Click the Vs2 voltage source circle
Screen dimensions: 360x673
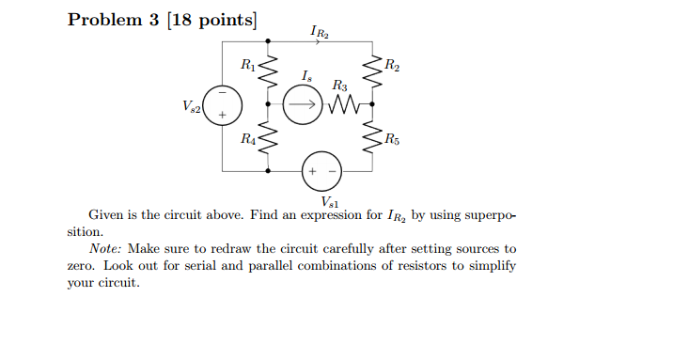[223, 106]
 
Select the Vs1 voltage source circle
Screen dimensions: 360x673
[322, 172]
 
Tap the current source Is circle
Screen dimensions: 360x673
[301, 106]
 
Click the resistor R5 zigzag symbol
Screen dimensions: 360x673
[374, 140]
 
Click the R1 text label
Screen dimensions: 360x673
[247, 65]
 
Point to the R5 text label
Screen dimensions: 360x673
[392, 141]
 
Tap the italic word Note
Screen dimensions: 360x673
[106, 249]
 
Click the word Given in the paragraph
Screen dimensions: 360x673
[108, 215]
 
